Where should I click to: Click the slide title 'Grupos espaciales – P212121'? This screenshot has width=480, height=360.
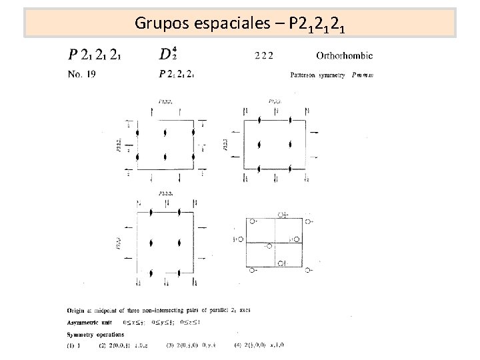239,23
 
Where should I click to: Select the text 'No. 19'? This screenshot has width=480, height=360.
82,75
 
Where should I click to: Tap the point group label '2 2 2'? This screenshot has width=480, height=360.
264,55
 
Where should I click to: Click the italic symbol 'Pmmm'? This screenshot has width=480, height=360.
363,75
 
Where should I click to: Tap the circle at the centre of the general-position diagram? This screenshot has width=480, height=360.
269,245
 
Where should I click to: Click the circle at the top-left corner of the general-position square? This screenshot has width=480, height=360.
252,221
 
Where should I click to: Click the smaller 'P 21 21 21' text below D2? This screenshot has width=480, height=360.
177,75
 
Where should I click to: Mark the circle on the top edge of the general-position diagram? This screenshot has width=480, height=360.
280,215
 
